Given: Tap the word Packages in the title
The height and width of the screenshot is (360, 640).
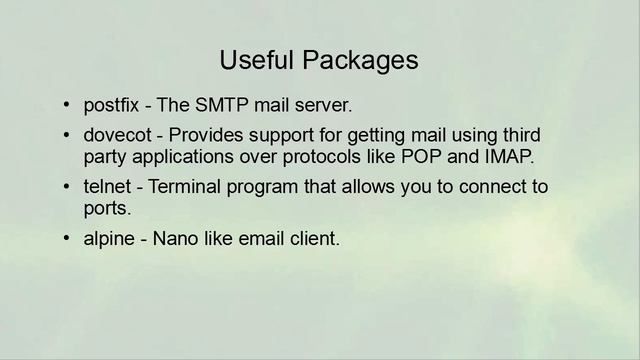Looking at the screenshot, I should [355, 60].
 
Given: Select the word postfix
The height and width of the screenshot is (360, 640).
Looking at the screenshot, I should [111, 105].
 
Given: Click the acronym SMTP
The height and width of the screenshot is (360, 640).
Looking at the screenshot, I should [219, 105].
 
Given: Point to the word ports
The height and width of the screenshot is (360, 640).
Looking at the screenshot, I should [106, 210].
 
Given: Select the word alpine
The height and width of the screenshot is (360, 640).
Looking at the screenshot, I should [111, 240].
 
